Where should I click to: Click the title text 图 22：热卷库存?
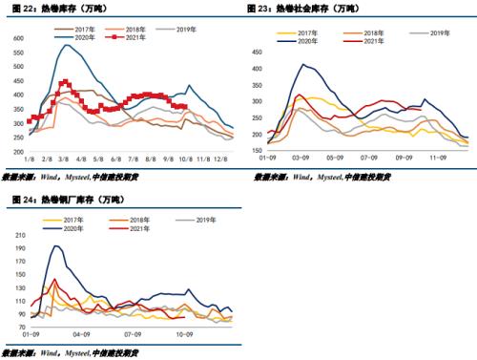pyautogui.click(x=43, y=9)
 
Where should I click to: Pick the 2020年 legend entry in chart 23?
pyautogui.click(x=306, y=42)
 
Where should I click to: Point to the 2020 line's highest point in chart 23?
pyautogui.click(x=304, y=64)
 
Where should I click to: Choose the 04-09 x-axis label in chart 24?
pyautogui.click(x=95, y=335)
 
